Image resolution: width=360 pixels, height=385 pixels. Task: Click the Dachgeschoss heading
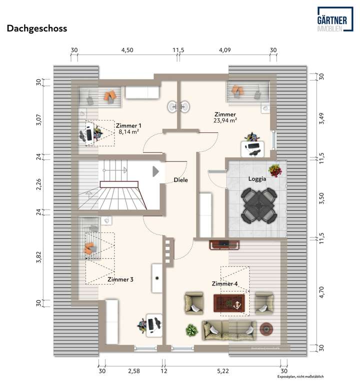tap(36, 28)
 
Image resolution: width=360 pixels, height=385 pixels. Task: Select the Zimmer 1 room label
tap(128, 125)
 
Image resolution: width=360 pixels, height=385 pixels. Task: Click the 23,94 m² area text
tap(225, 120)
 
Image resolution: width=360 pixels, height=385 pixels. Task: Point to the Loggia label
tap(256, 178)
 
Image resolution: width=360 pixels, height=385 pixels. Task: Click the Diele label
tap(180, 180)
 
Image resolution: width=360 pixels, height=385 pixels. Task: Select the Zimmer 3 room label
tap(120, 279)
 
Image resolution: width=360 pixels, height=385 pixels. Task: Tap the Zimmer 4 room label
tap(224, 284)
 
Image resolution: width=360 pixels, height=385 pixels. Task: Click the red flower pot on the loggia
tap(274, 170)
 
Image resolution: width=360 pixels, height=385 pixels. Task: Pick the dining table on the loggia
tap(257, 205)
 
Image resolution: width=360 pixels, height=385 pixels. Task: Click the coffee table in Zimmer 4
tap(229, 302)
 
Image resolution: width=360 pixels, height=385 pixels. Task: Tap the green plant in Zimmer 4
tap(190, 330)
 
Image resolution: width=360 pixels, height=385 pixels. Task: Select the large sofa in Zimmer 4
tap(228, 330)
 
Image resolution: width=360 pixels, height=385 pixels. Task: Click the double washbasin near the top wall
tap(178, 106)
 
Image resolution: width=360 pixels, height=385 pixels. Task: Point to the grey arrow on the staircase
tap(155, 171)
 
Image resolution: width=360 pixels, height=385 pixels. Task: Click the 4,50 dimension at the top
tap(127, 50)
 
